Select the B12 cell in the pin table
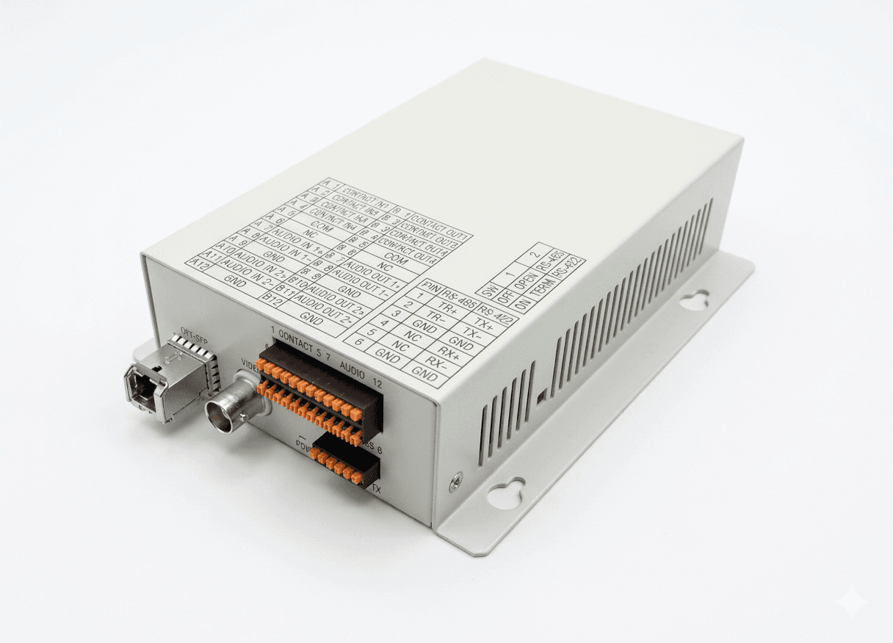click(x=272, y=298)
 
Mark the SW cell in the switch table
click(x=490, y=288)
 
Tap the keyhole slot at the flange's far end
click(x=694, y=299)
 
